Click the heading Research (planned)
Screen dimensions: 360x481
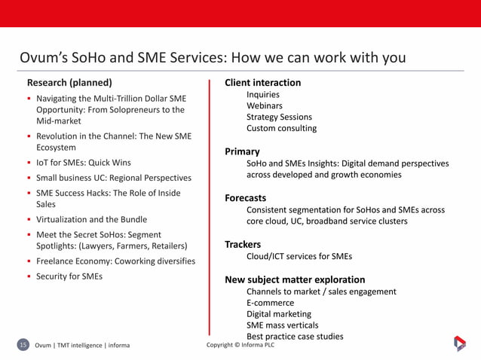pos(69,83)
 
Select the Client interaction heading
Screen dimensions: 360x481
pos(262,83)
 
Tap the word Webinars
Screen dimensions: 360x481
pos(265,106)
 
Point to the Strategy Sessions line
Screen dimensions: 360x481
pos(279,117)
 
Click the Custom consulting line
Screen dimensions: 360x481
pos(281,129)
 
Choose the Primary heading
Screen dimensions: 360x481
pos(242,152)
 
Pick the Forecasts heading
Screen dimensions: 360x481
pos(245,198)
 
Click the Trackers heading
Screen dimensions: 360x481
pos(243,245)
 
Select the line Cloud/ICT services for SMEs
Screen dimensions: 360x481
pos(299,256)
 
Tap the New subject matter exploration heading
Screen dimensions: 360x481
pos(295,280)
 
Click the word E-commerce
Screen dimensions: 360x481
pos(271,303)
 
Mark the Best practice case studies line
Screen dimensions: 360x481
pos(295,337)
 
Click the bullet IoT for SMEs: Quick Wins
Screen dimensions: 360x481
pos(83,163)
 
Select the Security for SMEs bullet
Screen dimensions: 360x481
pos(69,276)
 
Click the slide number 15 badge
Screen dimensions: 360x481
pos(23,345)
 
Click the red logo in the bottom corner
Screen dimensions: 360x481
pos(459,343)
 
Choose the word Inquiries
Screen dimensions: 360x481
pos(263,95)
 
